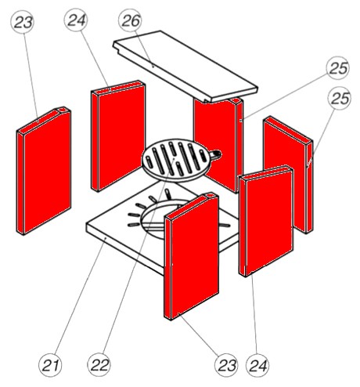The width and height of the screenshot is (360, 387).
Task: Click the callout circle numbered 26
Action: point(130,20)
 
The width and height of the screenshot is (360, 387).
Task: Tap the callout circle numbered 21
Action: point(50,365)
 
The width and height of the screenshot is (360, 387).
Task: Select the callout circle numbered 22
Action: point(99,365)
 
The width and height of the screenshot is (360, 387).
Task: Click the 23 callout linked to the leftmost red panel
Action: point(23,22)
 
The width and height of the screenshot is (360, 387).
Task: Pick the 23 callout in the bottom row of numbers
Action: point(226,365)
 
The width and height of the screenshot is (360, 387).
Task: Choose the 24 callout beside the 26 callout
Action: point(76,20)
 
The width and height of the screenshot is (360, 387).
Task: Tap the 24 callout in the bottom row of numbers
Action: point(257,365)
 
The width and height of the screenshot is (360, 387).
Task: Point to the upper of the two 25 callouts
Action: point(338,68)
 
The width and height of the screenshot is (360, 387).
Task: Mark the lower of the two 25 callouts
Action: point(340,98)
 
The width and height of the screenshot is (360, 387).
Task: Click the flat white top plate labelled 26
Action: point(185,67)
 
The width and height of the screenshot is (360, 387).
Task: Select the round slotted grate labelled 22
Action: point(176,161)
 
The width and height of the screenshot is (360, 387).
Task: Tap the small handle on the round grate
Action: point(216,155)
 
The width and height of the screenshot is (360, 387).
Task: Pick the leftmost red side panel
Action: point(44,171)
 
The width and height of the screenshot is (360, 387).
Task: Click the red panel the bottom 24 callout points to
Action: point(266,221)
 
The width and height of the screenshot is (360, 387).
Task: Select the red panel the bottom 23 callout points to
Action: point(192,256)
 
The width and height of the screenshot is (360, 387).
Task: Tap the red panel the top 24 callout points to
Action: point(118,136)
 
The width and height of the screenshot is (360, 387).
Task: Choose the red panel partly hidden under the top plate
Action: point(218,145)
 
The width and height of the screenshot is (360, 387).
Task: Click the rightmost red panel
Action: point(289,175)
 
